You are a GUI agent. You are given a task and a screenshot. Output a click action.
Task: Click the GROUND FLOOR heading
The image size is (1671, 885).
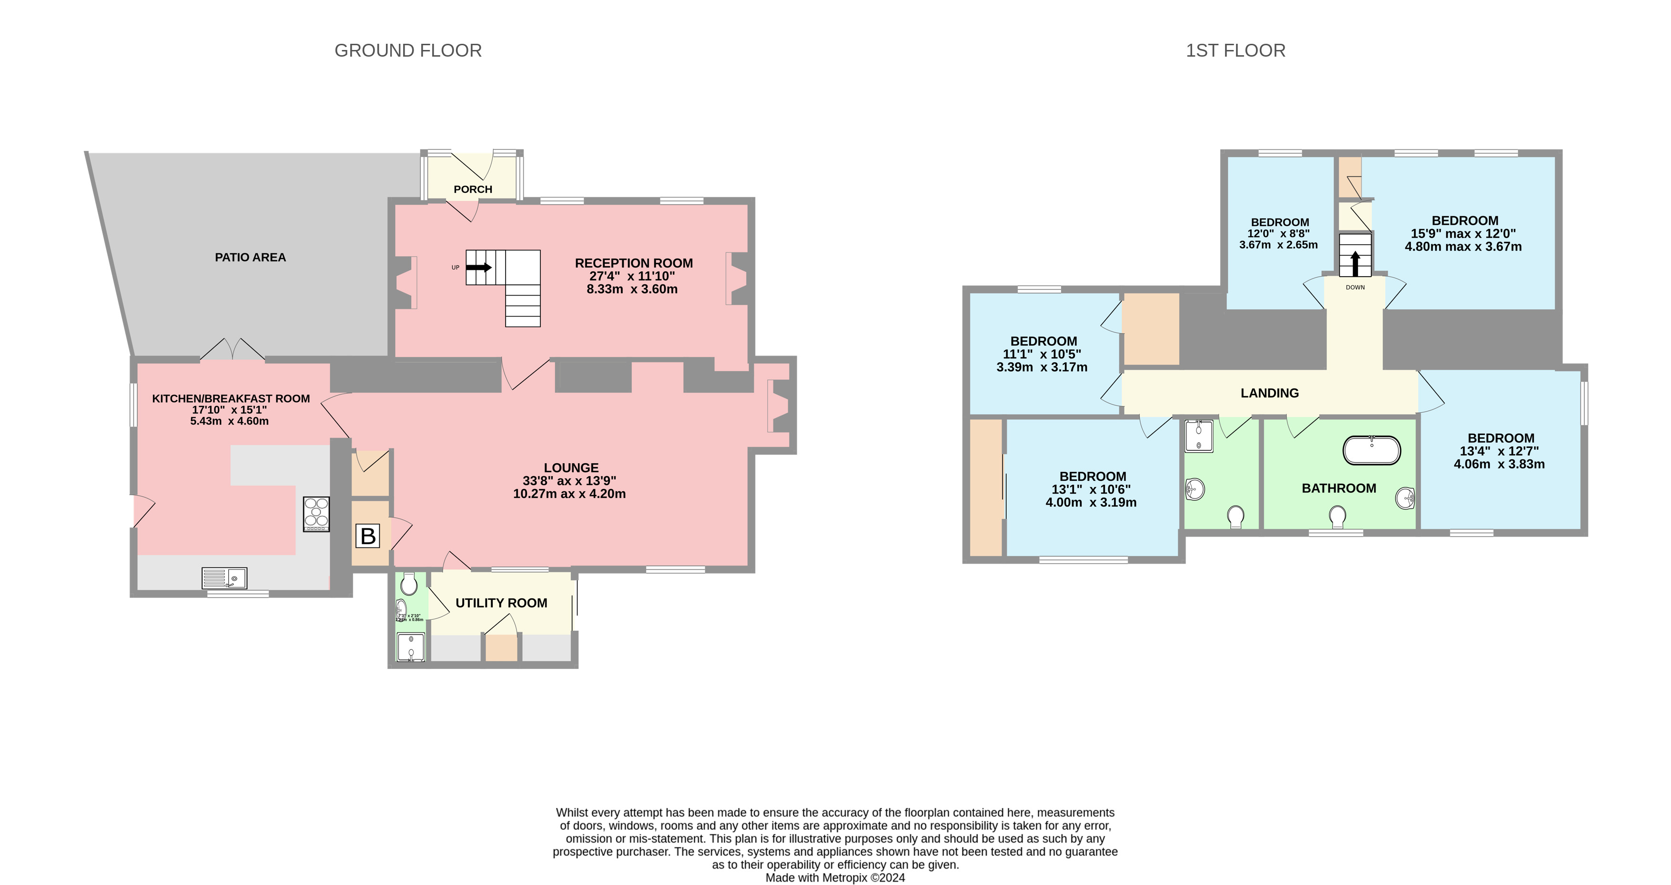point(407,50)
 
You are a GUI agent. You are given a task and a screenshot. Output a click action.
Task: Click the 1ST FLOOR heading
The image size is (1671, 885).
point(1235,50)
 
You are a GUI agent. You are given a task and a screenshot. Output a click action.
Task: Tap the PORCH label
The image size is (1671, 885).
point(472,189)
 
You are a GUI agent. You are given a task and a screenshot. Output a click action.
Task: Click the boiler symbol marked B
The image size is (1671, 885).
point(367,536)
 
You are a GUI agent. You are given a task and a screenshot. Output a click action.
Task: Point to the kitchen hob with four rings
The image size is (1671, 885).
point(316,514)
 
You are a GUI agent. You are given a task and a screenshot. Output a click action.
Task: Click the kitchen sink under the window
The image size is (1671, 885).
point(224,577)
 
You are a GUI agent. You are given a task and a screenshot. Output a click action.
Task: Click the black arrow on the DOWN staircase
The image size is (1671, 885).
point(1355,264)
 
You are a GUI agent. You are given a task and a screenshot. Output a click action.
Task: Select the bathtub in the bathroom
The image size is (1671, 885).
point(1371,451)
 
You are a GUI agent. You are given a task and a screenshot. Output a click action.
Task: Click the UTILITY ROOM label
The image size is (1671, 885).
point(501,603)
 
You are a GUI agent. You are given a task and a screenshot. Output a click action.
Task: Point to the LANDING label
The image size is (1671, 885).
point(1269,393)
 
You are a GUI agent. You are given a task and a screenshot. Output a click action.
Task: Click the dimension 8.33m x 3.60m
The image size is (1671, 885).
point(632,289)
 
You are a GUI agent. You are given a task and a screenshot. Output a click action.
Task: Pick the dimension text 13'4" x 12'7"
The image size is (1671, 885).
point(1499,451)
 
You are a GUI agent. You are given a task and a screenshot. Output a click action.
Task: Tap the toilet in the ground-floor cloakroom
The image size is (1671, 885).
point(409,584)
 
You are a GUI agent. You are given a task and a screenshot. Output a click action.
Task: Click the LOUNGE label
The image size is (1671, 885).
point(571,467)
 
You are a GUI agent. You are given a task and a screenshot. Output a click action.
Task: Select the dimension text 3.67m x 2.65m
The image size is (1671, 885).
point(1278,245)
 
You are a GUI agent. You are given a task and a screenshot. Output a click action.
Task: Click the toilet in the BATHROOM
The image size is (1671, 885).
point(1337,517)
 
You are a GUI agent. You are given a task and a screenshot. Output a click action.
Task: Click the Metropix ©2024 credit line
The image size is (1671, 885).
point(835,878)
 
